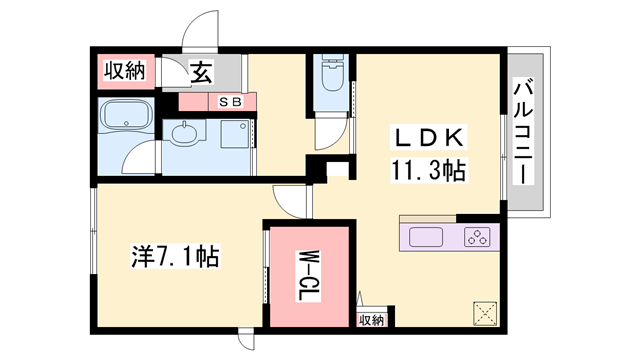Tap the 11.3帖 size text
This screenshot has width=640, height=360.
coord(428,171)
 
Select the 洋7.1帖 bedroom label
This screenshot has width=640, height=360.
coord(175,257)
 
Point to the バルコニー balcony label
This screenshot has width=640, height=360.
coord(522,131)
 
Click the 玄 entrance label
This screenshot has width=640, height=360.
coord(201,72)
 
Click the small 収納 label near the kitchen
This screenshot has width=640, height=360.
coord(371,320)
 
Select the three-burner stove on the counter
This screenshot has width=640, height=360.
coord(475,239)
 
